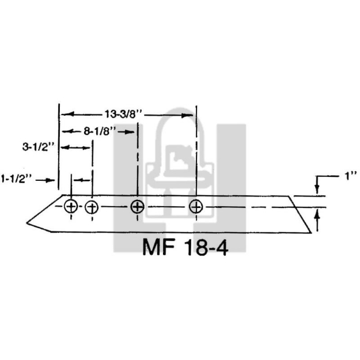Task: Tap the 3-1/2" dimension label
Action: (38, 147)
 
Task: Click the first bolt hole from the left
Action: (71, 207)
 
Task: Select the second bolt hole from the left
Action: (92, 207)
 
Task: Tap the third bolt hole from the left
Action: (137, 206)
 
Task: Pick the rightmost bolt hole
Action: (196, 206)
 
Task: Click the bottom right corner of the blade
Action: (310, 233)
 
